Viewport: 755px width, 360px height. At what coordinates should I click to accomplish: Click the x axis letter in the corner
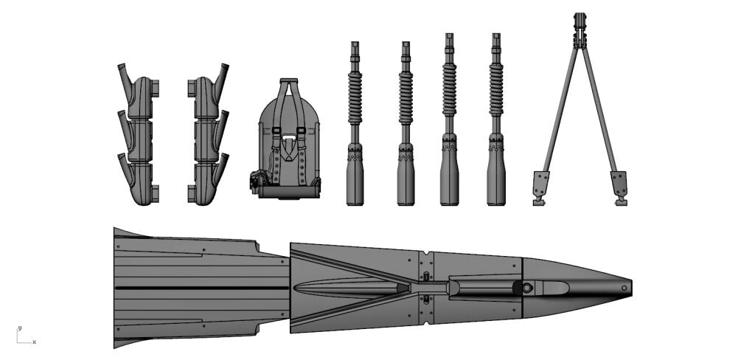click(34, 342)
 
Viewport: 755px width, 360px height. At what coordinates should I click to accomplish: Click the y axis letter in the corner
click(20, 328)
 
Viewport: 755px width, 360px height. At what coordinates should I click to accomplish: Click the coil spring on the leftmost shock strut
click(355, 98)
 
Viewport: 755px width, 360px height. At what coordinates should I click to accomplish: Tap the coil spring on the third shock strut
click(449, 89)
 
